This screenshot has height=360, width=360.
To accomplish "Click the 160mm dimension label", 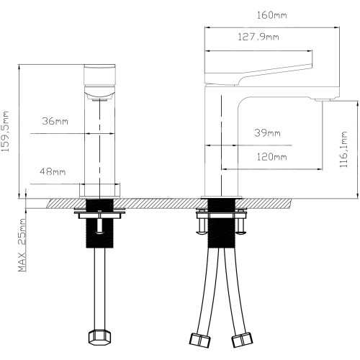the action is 271,15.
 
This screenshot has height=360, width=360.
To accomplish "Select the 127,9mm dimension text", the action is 258,37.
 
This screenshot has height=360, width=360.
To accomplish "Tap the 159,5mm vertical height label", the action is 5,131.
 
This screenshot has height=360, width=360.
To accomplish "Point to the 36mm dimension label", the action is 55,121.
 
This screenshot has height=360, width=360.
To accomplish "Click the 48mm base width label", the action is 53,171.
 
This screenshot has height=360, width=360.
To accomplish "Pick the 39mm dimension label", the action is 267,132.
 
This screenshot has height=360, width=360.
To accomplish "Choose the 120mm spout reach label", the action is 271,157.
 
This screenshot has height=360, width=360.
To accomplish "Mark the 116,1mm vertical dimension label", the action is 343,149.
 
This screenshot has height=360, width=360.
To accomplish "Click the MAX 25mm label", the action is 22,245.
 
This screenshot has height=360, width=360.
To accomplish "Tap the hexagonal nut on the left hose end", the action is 100,337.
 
